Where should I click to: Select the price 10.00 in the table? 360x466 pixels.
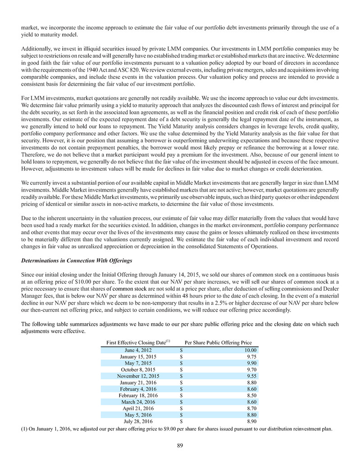[x=251, y=350]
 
